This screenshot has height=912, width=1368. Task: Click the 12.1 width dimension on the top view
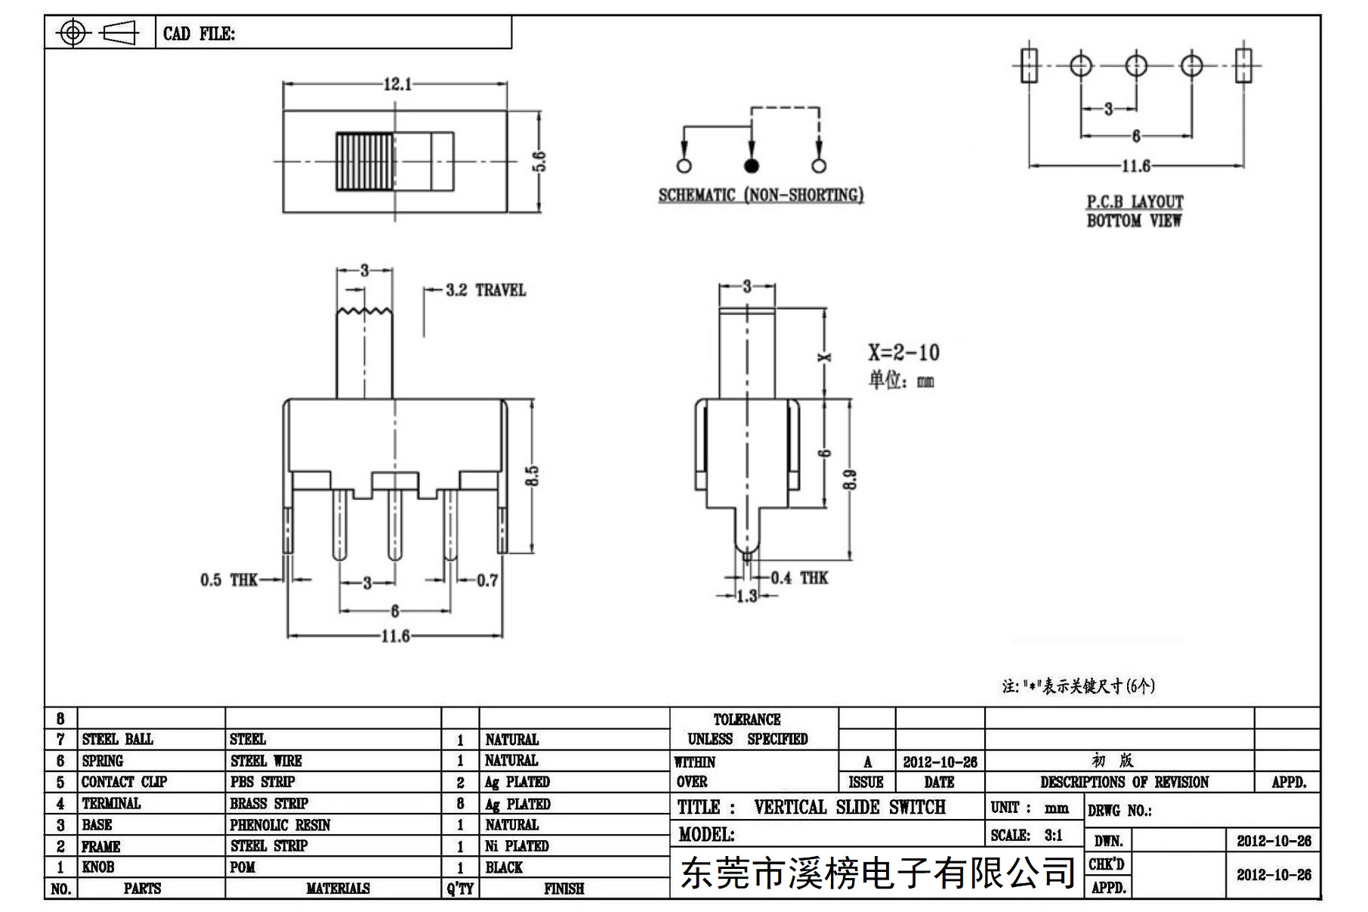[398, 84]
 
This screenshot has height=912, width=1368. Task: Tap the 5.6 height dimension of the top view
[539, 162]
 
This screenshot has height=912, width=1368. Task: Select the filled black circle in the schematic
[751, 165]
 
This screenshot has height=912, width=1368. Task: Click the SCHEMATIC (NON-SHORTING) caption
[761, 195]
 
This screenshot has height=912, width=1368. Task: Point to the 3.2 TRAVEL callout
[486, 290]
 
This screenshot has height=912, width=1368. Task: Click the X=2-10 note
[903, 353]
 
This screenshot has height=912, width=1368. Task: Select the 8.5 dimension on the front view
[533, 476]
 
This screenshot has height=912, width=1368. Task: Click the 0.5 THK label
[229, 580]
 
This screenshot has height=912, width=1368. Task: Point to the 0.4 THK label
[799, 578]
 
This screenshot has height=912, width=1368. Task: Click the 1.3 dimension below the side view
[746, 596]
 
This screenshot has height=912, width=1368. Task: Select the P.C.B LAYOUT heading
[1135, 202]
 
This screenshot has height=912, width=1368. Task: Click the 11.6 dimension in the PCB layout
[1135, 165]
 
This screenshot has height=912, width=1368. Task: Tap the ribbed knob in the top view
[365, 162]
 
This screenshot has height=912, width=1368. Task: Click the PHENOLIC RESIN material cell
[280, 825]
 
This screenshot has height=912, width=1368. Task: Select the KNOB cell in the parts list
[98, 867]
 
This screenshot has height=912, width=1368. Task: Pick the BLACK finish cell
[504, 867]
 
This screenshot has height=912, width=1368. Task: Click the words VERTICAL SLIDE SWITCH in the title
[850, 808]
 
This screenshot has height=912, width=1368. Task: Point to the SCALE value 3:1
[1053, 835]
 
